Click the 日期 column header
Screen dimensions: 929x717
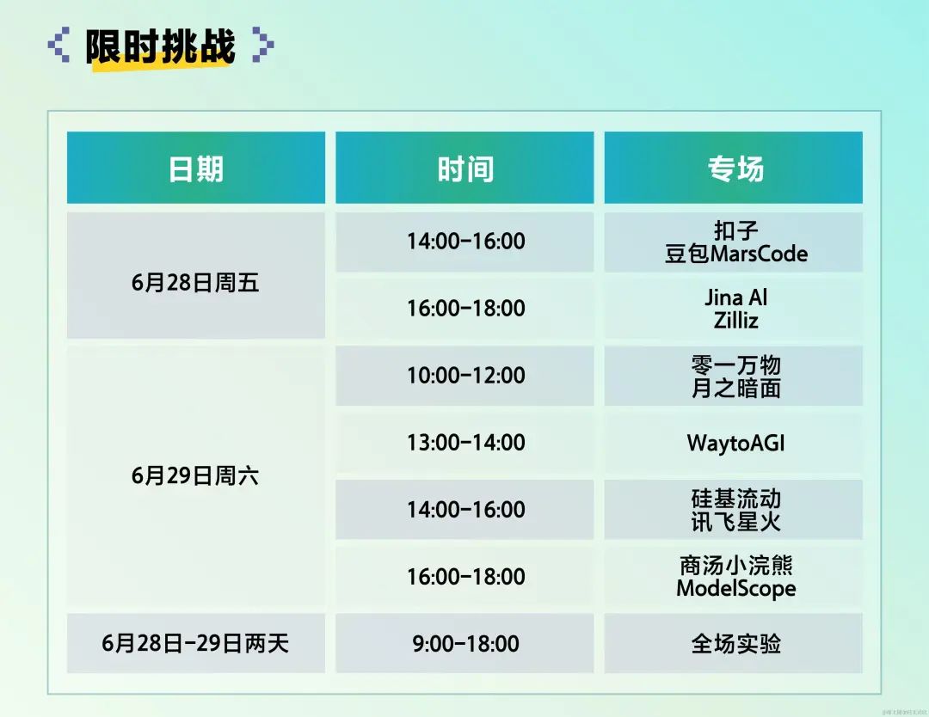coord(196,168)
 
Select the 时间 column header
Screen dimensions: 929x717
coord(464,168)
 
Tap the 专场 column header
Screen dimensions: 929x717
coord(734,168)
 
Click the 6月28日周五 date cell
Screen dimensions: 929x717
coord(196,275)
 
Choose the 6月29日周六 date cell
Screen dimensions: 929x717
coord(196,475)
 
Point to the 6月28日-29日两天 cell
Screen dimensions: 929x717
coord(196,643)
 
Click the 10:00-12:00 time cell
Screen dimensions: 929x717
coord(464,376)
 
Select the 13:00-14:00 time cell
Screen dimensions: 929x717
coord(464,443)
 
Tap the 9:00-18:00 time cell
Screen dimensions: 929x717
coord(464,643)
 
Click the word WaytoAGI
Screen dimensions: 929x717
coord(735,443)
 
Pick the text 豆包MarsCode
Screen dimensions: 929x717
coord(735,254)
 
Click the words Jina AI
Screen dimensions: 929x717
coord(735,297)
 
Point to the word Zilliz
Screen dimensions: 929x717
coord(735,321)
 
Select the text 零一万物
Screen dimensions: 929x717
coord(735,365)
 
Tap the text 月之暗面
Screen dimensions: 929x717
coord(735,389)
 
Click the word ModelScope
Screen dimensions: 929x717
coord(735,589)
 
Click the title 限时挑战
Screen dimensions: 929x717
coord(160,46)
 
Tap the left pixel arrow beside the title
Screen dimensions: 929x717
coord(58,45)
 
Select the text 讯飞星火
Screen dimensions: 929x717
coord(735,522)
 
